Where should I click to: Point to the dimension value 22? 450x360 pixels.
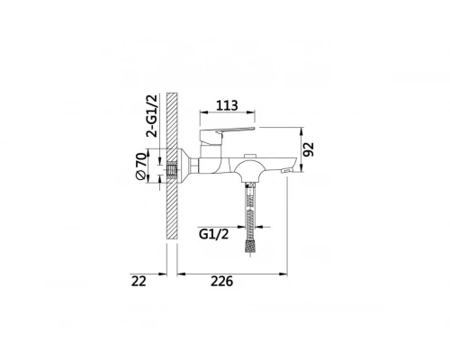tap(138, 282)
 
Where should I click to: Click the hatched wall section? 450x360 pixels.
tap(173, 166)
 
